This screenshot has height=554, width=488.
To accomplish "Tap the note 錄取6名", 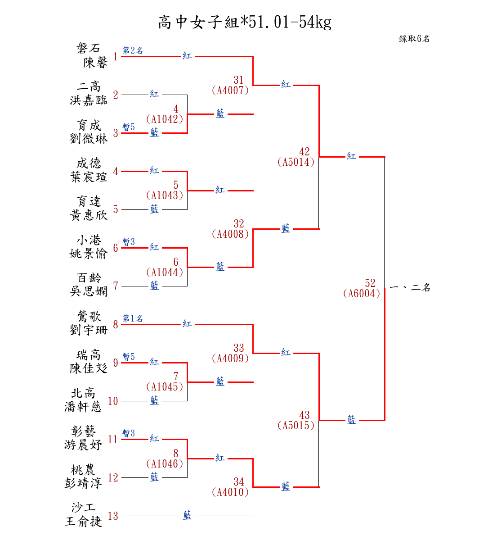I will (414, 39).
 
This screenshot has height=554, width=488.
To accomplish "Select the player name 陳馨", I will (95, 62).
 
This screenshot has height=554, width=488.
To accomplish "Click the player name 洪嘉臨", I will (89, 100).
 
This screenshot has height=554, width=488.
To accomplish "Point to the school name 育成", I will (89, 125).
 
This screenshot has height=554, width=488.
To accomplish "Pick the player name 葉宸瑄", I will (89, 177).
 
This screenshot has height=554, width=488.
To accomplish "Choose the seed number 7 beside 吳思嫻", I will (116, 286).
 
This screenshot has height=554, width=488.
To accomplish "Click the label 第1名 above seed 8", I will (133, 319).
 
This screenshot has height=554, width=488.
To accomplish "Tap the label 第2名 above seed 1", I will (133, 51).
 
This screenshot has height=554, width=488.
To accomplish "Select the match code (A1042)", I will (165, 119).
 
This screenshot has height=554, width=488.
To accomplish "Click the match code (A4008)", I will (230, 234).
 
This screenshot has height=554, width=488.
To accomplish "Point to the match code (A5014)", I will (296, 162).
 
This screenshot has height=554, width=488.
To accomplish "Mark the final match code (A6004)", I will (362, 294).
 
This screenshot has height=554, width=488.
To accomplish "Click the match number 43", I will (304, 415).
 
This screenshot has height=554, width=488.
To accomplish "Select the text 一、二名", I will (410, 287).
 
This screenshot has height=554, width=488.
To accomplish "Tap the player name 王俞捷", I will (83, 522).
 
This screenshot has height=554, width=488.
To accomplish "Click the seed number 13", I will (113, 516).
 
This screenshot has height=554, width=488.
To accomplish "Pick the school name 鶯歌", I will (89, 317).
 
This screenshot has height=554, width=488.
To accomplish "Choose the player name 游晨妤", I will (83, 445).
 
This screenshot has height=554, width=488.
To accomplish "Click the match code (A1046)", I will (165, 464).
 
